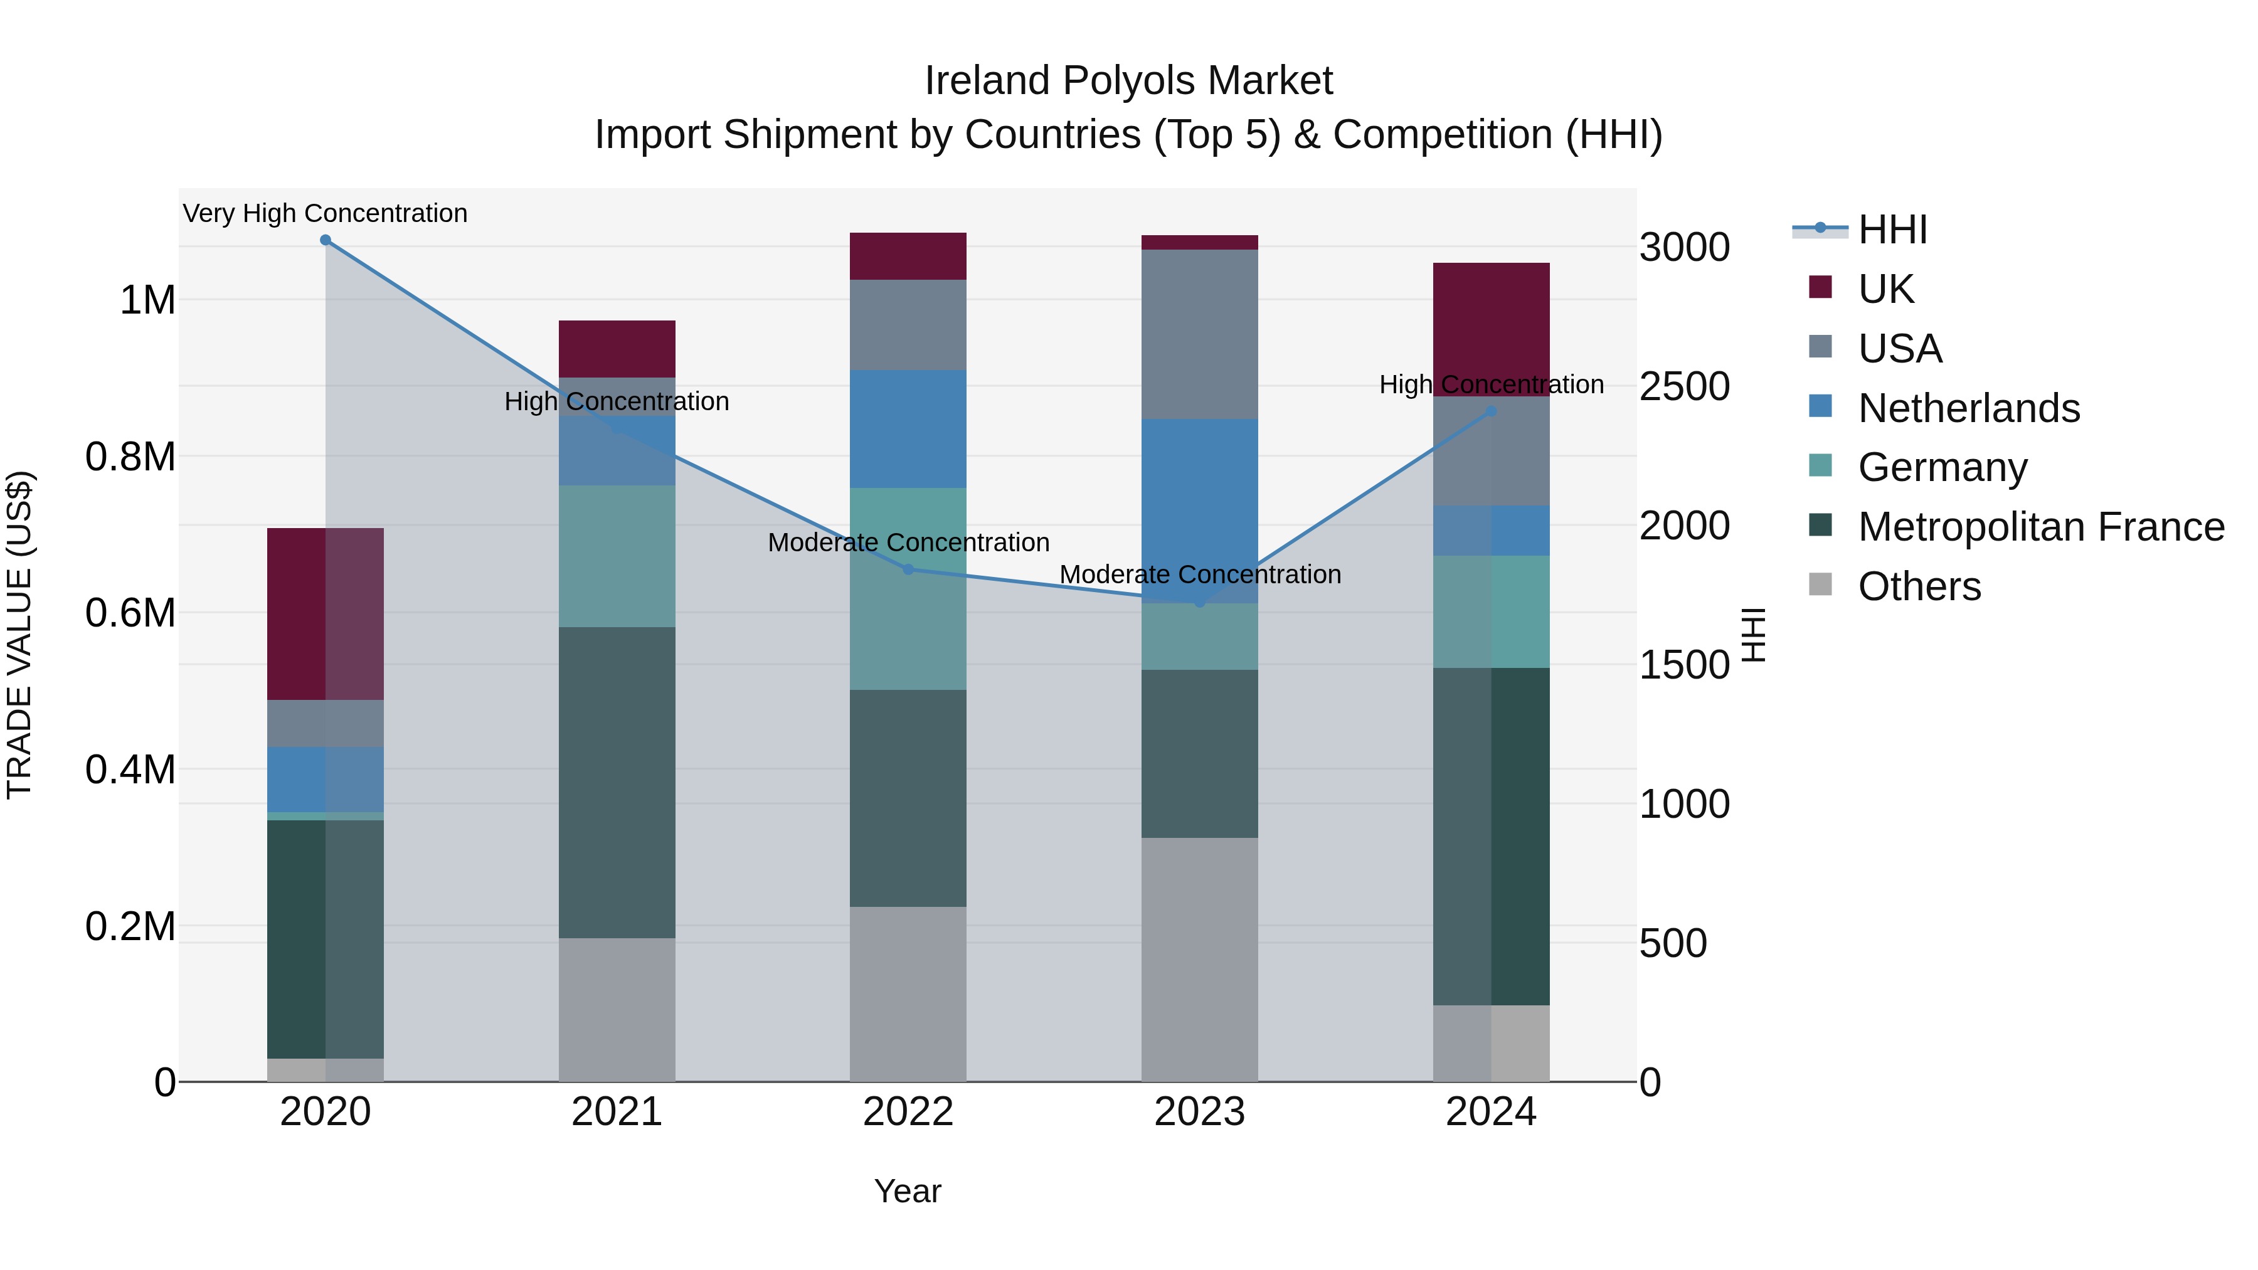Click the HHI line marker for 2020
325,240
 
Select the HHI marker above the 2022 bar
908,569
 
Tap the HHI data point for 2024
1491,411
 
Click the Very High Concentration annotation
325,214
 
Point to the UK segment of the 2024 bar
1491,329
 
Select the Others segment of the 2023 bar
1199,960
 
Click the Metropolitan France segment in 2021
617,783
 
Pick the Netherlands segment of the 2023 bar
1199,511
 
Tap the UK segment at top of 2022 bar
908,257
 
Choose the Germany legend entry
1943,467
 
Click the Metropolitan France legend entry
2040,527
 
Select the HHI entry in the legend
1892,230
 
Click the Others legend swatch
1821,585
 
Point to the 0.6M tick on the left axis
130,613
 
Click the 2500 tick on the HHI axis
1684,386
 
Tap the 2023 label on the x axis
1199,1112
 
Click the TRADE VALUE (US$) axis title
19,635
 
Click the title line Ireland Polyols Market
1128,81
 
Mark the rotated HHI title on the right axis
1753,635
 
